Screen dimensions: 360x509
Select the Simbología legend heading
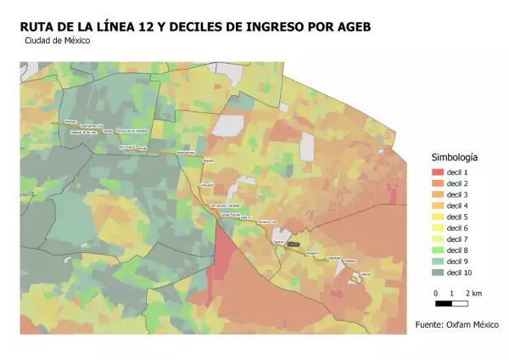[x=454, y=157]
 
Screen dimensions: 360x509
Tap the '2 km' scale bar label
[x=473, y=293]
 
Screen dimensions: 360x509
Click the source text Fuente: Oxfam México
[x=456, y=325]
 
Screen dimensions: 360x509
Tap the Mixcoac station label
[x=70, y=122]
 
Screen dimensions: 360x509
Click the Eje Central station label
[x=127, y=146]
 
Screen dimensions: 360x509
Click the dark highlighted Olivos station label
[x=294, y=244]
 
